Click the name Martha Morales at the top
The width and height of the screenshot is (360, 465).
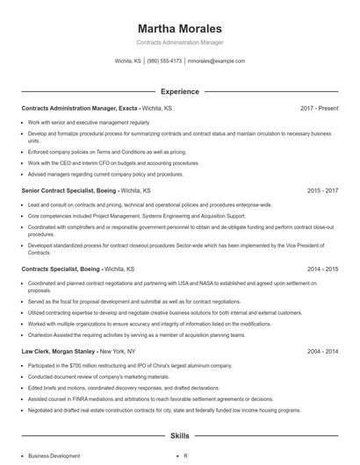click(180, 29)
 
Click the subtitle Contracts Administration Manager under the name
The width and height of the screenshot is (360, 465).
click(180, 42)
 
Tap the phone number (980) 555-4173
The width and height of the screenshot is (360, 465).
click(164, 61)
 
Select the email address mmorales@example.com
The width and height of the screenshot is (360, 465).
click(216, 61)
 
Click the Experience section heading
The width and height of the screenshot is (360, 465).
click(180, 91)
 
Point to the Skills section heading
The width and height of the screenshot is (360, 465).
click(180, 435)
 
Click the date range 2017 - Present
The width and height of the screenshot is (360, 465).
click(319, 108)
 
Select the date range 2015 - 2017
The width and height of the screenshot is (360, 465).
click(322, 190)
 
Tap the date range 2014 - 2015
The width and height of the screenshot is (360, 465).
click(322, 268)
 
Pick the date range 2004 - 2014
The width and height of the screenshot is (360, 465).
click(322, 350)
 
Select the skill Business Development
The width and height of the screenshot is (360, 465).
click(54, 456)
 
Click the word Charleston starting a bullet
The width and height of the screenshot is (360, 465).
click(42, 334)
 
